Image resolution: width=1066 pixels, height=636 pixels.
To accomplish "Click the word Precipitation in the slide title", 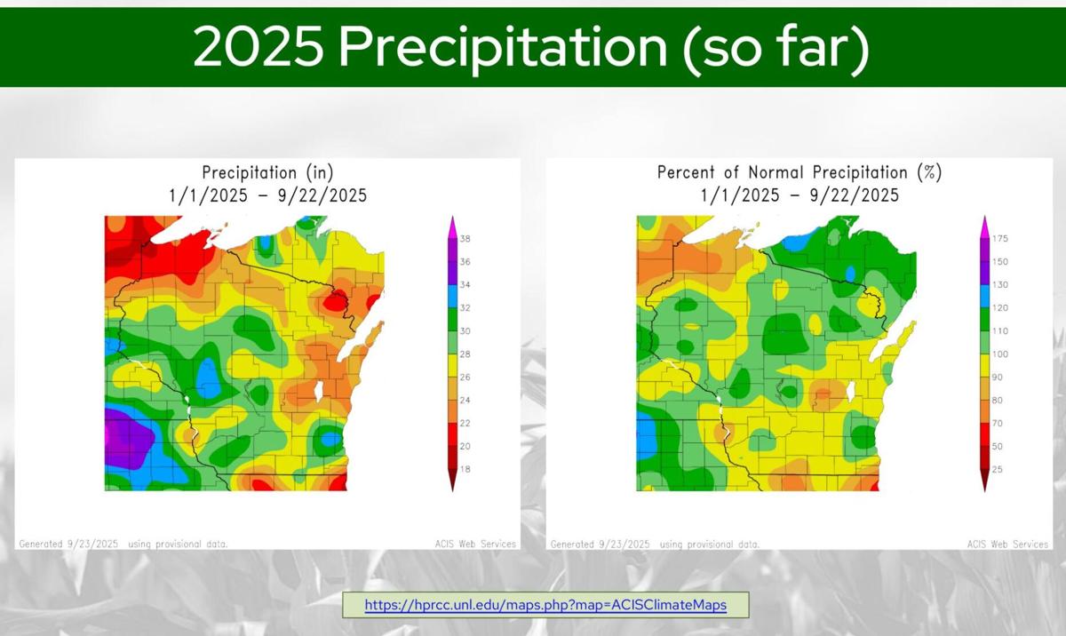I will click(502, 48).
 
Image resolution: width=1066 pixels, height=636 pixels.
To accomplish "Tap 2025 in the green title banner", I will click(258, 48).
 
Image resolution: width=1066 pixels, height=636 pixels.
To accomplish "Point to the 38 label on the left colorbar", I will click(465, 239).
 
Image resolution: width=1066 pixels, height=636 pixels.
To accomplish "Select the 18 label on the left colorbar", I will click(465, 469).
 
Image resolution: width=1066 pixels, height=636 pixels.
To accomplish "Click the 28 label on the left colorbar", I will click(465, 354).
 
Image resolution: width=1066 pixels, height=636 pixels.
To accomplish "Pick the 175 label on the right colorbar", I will click(999, 239).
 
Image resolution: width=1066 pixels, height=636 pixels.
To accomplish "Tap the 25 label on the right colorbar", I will click(997, 469).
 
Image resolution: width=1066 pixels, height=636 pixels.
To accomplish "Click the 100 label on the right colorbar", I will click(999, 354).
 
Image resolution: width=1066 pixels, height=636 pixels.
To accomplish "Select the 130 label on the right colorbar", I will click(999, 285).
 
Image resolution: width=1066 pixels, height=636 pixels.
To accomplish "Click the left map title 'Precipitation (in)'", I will click(267, 173).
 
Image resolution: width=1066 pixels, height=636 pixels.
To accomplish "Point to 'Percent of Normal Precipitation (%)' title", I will click(799, 173).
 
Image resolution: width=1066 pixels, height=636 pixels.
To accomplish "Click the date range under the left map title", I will click(267, 195).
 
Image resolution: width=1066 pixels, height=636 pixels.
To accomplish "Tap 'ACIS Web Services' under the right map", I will click(1007, 544).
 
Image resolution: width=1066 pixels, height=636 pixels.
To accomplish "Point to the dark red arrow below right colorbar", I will click(983, 481).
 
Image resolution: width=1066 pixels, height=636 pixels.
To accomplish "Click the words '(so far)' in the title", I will click(776, 48).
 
